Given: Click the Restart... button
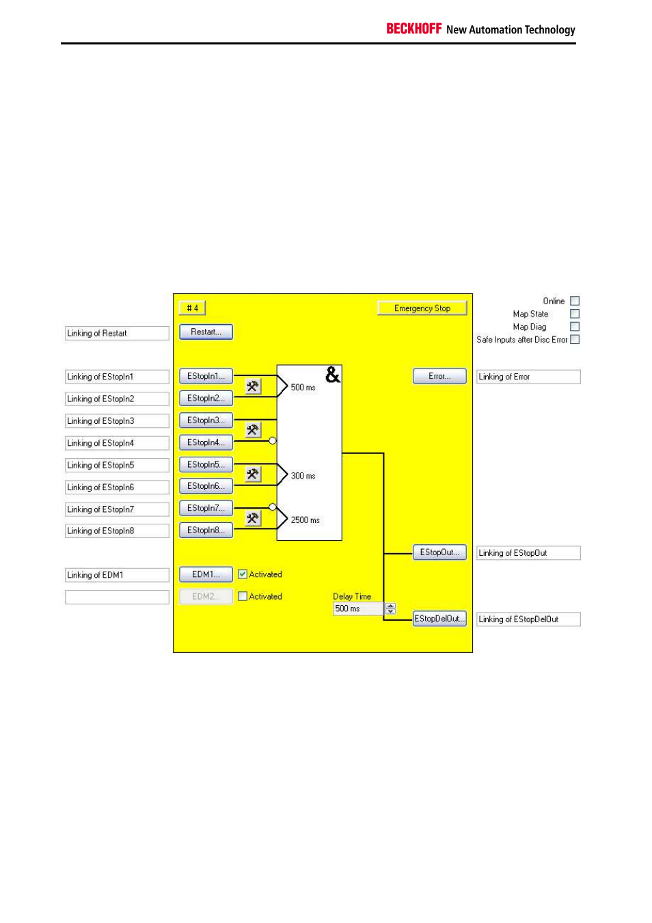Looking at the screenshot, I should pyautogui.click(x=206, y=332).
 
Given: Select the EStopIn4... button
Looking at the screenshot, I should pyautogui.click(x=206, y=442).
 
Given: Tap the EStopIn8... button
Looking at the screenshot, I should pyautogui.click(x=206, y=531).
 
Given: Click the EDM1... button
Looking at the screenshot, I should pyautogui.click(x=206, y=575).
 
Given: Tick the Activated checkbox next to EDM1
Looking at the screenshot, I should pyautogui.click(x=243, y=574).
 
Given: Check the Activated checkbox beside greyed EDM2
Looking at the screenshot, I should pyautogui.click(x=243, y=596).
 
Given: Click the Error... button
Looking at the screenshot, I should pyautogui.click(x=439, y=376).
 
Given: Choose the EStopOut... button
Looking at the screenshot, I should pyautogui.click(x=439, y=552).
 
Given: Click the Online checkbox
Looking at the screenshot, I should pyautogui.click(x=575, y=301).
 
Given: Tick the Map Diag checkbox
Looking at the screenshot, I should pyautogui.click(x=575, y=327).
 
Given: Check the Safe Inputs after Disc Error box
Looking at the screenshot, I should pyautogui.click(x=575, y=339).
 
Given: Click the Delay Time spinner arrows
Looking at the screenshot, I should pyautogui.click(x=390, y=608).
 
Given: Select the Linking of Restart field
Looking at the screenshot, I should pyautogui.click(x=117, y=333).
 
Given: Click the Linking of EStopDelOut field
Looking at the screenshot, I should pyautogui.click(x=528, y=619).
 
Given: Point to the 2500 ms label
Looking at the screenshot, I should pyautogui.click(x=305, y=520).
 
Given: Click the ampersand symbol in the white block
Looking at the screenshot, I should pyautogui.click(x=332, y=375).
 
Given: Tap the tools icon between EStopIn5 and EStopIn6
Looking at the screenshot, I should pyautogui.click(x=253, y=474).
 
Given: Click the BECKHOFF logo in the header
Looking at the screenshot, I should pyautogui.click(x=414, y=29).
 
